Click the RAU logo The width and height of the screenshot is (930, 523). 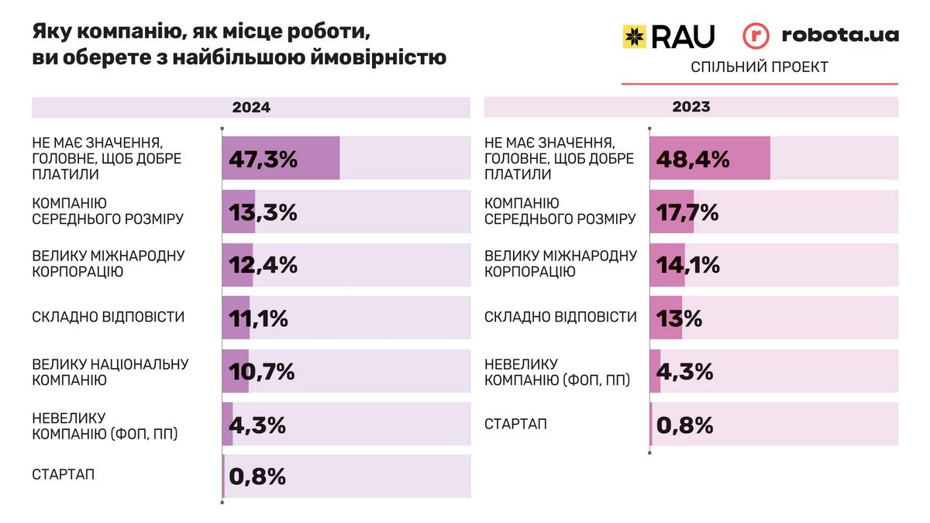point(668,36)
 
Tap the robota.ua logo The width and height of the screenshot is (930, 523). point(821,36)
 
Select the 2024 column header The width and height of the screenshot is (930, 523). point(251,108)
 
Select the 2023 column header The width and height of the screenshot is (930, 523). point(691,107)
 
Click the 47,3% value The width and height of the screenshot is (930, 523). point(263,160)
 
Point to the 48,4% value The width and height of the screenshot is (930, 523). point(693,160)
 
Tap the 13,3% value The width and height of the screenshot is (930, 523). point(263,212)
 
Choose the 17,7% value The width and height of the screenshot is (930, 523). point(687,212)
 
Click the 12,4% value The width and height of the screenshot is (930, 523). point(263,265)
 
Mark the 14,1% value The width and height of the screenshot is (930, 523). point(687,265)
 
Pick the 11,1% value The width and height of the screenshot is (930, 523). point(259,318)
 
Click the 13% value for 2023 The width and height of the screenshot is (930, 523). point(679,318)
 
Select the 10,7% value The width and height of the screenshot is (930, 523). point(261,371)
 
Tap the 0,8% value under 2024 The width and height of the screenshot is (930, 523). point(258,477)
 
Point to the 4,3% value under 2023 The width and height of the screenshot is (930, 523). point(684,371)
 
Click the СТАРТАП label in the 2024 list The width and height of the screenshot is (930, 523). point(64,474)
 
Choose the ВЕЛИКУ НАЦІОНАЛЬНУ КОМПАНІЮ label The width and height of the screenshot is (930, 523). point(110,372)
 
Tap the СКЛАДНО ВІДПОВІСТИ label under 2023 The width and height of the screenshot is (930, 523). point(560,317)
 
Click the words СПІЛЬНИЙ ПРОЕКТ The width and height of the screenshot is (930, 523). point(759,67)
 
